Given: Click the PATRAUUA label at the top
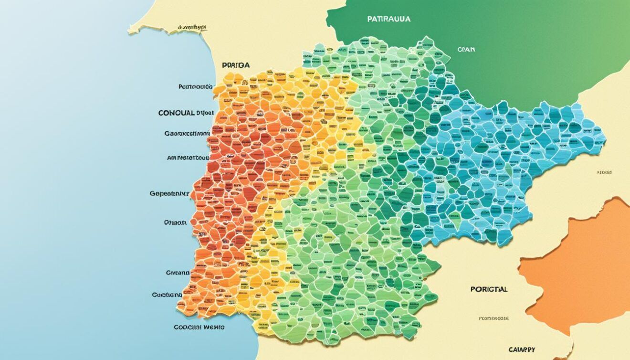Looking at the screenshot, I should [389, 19].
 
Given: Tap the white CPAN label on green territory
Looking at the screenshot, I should [466, 49].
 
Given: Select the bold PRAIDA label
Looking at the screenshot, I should [236, 64].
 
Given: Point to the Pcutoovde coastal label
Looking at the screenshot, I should [195, 87].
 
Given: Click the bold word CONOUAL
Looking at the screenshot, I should [176, 113].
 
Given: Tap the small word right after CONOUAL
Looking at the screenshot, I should [204, 113].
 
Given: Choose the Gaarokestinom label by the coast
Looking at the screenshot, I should [187, 134].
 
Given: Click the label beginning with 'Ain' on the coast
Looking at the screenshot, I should [188, 157].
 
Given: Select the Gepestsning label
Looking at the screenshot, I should [169, 194].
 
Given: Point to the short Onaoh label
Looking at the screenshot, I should [176, 222].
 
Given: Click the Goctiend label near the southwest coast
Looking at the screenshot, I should [167, 295].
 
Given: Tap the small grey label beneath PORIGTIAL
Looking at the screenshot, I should [494, 318].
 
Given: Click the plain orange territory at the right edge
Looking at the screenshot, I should [587, 267].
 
